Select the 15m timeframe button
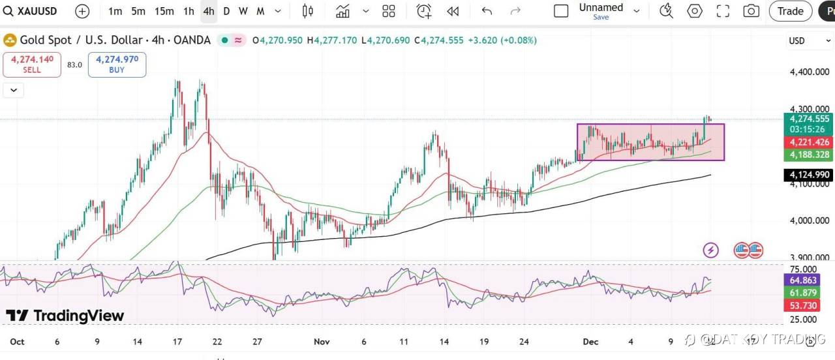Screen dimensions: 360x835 (x=164, y=11)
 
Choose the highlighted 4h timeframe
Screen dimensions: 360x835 (x=208, y=11)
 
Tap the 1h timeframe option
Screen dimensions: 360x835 (x=189, y=11)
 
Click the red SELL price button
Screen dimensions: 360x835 (x=32, y=64)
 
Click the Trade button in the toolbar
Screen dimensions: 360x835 (x=790, y=11)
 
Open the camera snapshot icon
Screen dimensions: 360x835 (x=751, y=11)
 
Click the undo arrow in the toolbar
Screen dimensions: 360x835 (x=487, y=11)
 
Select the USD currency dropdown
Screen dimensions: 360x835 (x=800, y=40)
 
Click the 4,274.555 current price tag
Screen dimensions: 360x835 (x=809, y=119)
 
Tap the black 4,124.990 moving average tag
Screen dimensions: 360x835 (x=809, y=175)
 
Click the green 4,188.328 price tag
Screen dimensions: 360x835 (x=809, y=155)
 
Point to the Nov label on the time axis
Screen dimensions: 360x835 (x=322, y=341)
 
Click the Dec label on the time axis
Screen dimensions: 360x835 (x=590, y=341)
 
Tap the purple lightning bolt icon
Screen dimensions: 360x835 (x=710, y=250)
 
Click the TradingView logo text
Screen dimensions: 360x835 (x=65, y=316)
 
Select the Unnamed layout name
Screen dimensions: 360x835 (x=601, y=8)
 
